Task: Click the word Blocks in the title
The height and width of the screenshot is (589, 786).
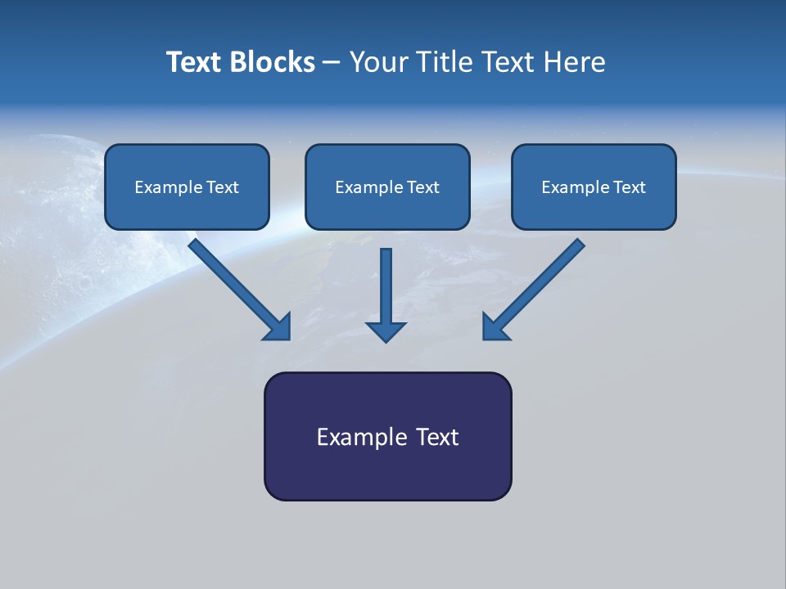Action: (x=273, y=62)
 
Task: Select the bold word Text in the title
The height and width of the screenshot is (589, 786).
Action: (x=195, y=62)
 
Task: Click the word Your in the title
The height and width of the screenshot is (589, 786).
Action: (x=377, y=62)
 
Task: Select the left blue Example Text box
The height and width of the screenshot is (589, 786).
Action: (x=187, y=187)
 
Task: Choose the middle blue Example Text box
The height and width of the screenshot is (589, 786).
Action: (x=387, y=187)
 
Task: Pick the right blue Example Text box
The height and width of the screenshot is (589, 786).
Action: (x=594, y=187)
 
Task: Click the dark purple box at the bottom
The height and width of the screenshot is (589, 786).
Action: (x=387, y=436)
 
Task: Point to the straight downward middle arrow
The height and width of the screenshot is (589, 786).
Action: (x=386, y=286)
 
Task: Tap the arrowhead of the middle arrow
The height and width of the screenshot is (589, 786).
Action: (x=386, y=330)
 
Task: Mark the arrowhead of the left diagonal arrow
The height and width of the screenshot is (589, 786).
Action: (x=278, y=327)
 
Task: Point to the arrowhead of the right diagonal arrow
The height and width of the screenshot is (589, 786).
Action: (x=495, y=327)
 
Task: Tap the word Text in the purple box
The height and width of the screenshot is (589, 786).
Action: (x=438, y=437)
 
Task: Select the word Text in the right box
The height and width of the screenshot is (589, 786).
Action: (x=630, y=187)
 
